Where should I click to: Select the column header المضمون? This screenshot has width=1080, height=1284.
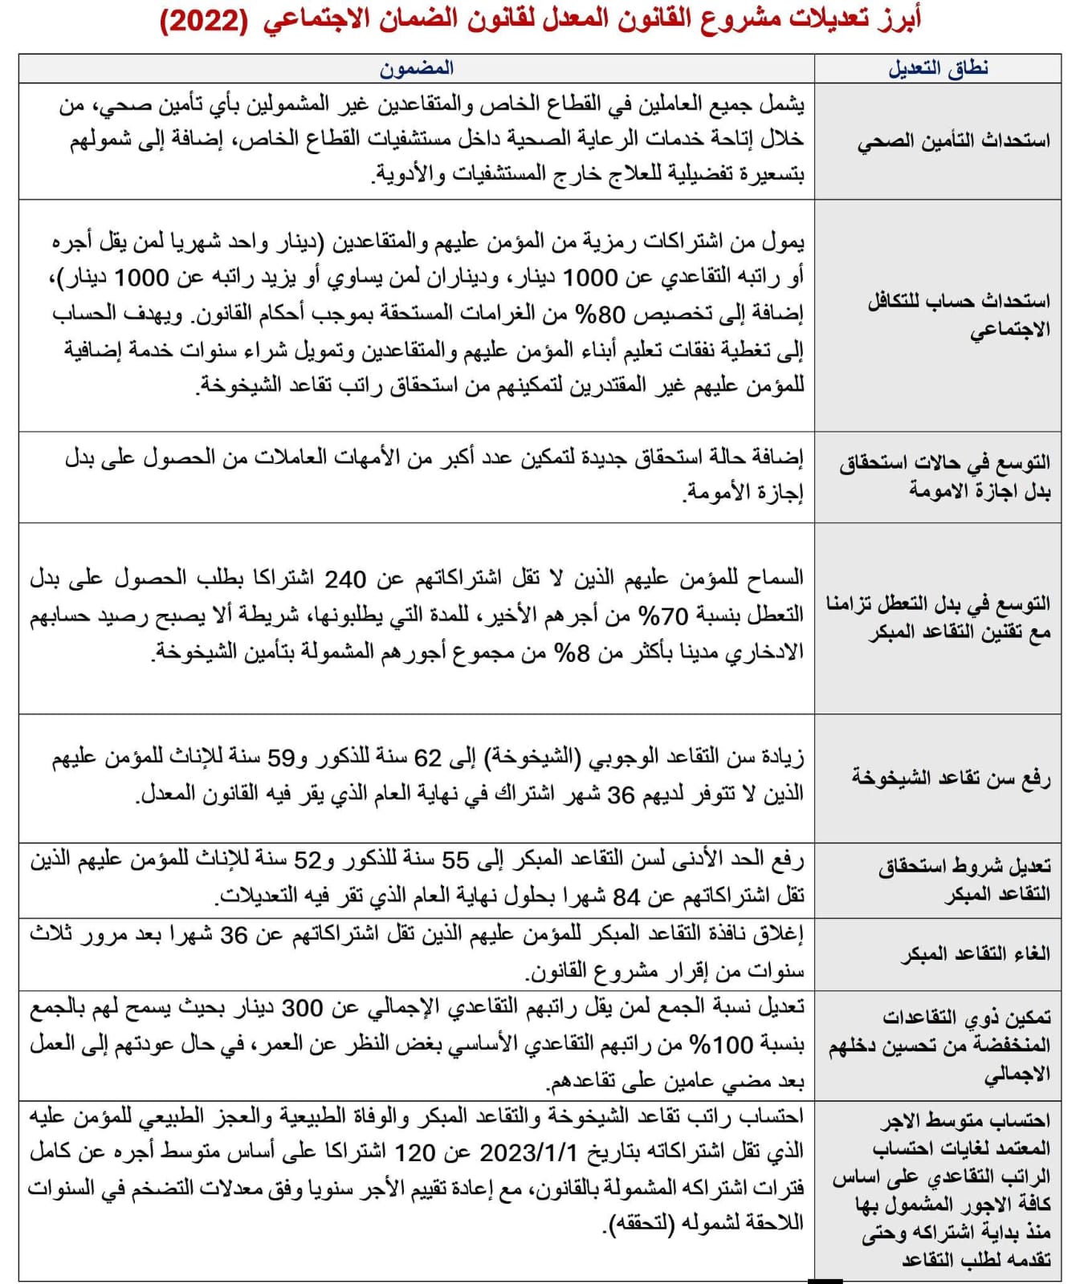(417, 68)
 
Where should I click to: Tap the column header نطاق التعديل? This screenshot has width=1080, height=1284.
(938, 68)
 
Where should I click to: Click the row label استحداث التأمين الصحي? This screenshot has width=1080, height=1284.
(954, 141)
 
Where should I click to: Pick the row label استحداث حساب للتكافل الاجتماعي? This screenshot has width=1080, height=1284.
(959, 315)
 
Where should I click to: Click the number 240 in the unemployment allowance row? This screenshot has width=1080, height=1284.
(345, 579)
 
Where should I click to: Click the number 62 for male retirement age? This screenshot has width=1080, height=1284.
(428, 758)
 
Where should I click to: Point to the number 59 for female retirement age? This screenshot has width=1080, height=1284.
(281, 758)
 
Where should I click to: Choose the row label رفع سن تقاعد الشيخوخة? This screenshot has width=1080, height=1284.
(951, 778)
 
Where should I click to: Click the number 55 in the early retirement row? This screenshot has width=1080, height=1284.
(455, 860)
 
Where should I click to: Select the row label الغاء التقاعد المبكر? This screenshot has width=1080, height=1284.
(975, 954)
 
